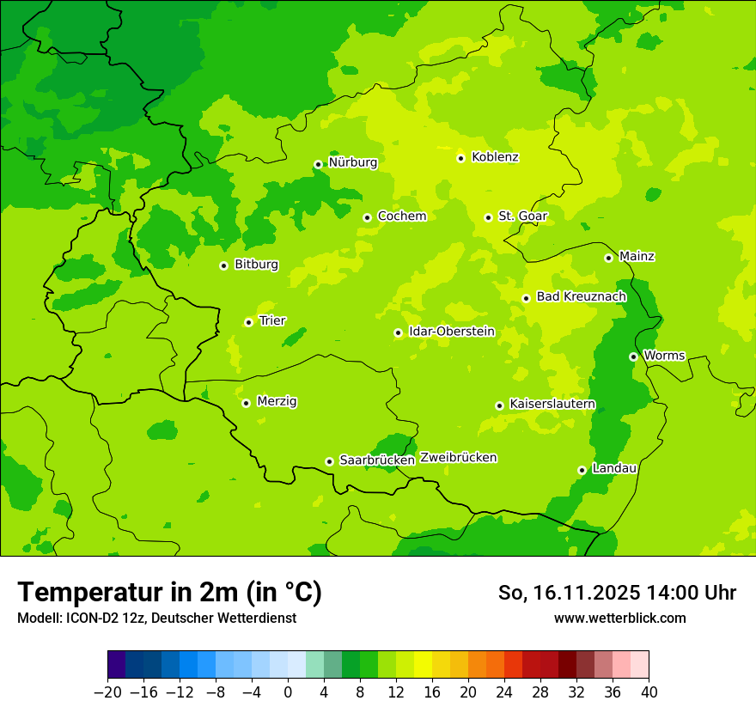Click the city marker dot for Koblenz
[460, 158]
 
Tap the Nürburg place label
[352, 162]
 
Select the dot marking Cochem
[367, 217]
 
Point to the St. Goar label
[522, 216]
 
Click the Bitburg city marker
[223, 265]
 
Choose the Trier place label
[272, 320]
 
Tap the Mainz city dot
[608, 258]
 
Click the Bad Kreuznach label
[581, 296]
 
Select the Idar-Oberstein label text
[452, 331]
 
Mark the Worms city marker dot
[633, 356]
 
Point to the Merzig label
[277, 401]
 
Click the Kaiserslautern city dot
[499, 405]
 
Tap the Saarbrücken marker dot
[329, 461]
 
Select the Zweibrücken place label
[458, 458]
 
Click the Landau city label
[614, 468]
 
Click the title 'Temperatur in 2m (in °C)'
[169, 593]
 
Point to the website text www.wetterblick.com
[619, 618]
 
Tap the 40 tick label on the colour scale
[649, 692]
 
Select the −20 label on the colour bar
[107, 692]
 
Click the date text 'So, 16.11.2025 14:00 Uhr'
[617, 593]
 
